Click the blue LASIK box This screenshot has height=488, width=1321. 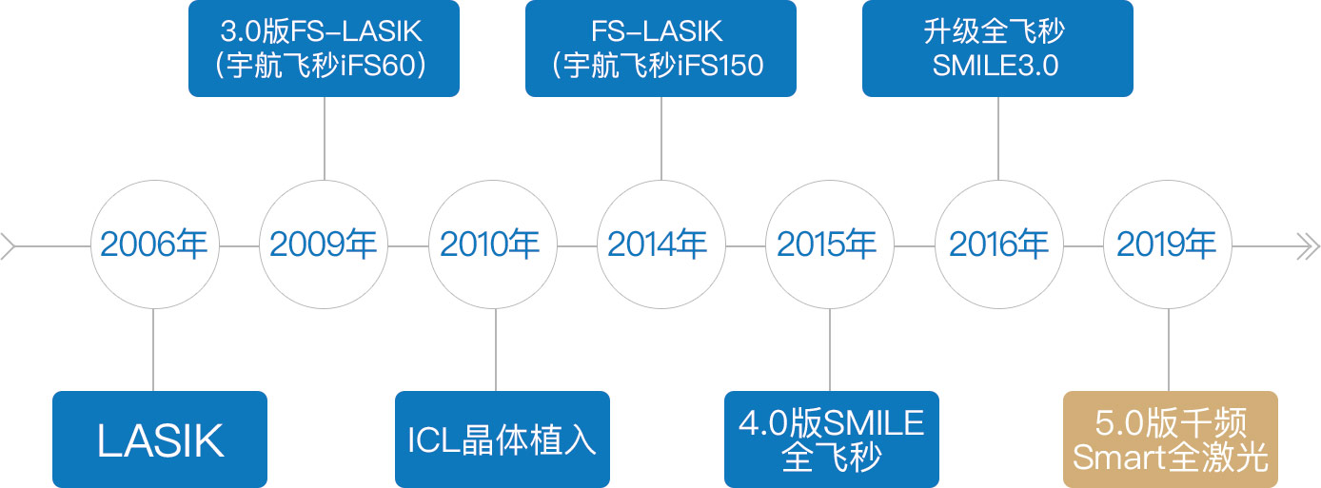point(160,439)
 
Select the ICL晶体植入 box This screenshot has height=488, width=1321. point(503,439)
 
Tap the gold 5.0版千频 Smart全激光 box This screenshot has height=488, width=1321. point(1171,439)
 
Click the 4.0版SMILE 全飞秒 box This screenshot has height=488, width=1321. point(832,439)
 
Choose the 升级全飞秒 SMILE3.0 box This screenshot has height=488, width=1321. point(997,49)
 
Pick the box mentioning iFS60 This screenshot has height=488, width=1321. point(324,49)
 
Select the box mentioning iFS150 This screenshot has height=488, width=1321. point(661,49)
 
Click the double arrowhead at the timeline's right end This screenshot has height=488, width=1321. point(1308,246)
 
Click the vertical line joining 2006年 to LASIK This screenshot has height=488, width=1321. point(153,349)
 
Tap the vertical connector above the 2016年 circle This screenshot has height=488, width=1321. point(997,139)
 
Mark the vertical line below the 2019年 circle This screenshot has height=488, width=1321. point(1169,349)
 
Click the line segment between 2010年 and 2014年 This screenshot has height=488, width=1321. point(578,246)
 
